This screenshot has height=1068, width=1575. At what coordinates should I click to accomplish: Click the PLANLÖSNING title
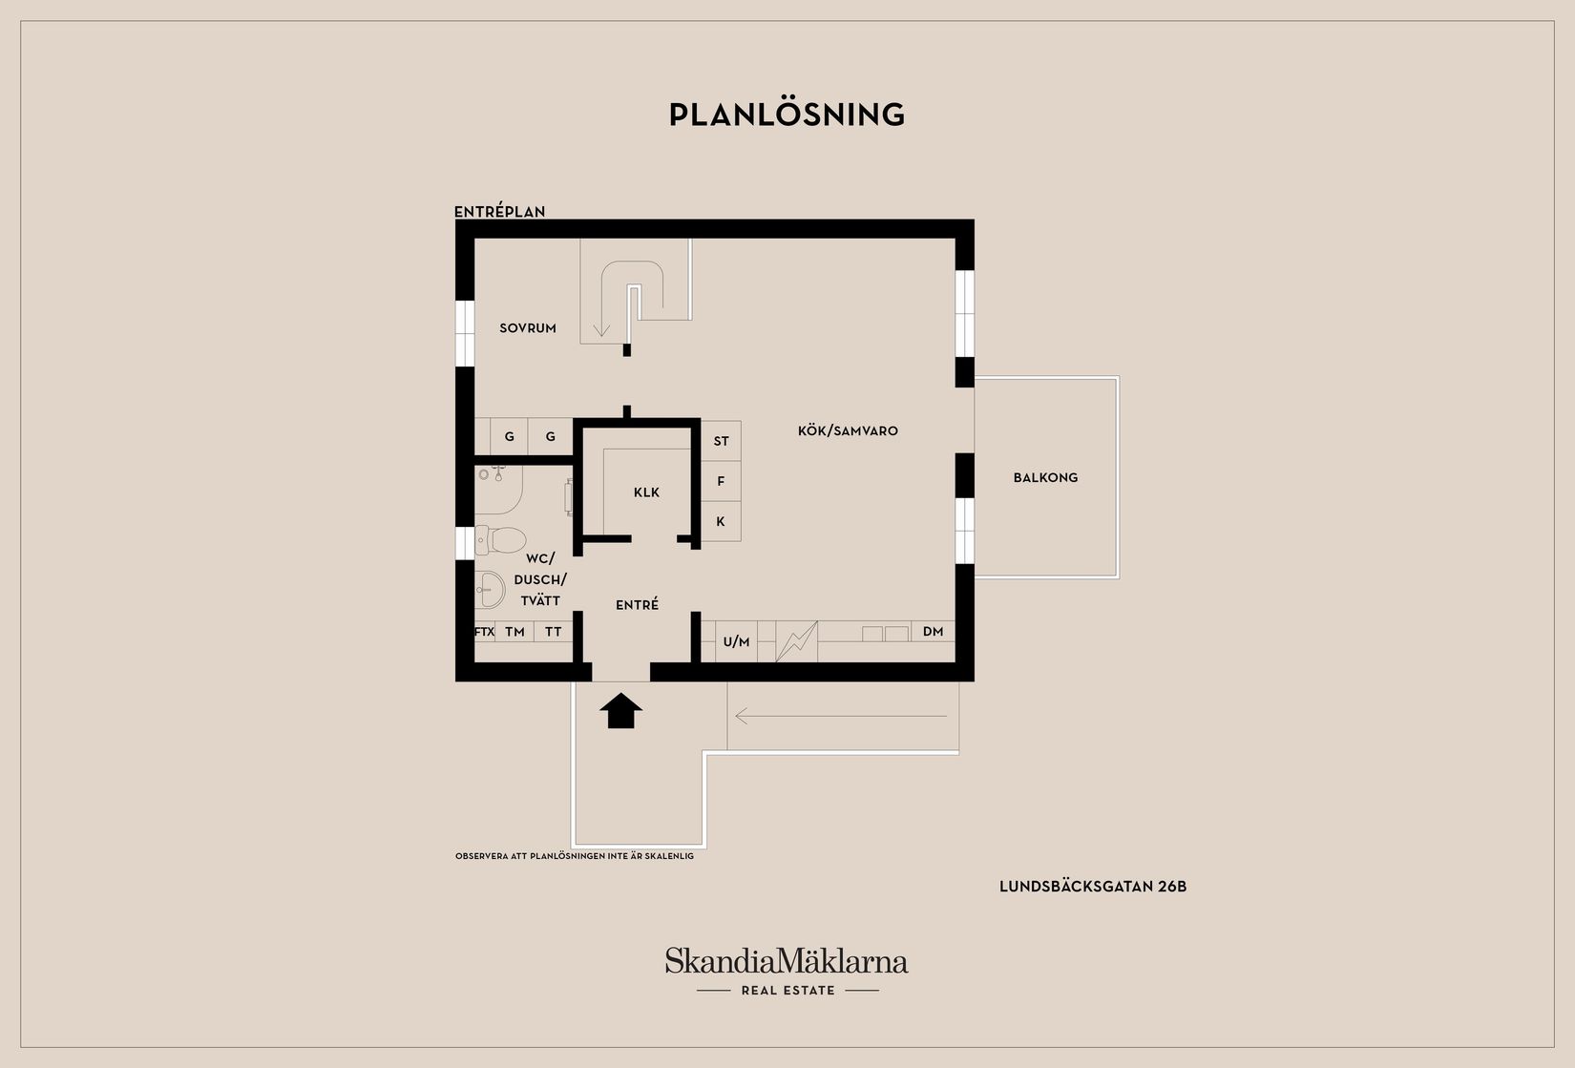tap(787, 115)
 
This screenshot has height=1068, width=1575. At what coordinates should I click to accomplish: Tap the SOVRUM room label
tap(527, 328)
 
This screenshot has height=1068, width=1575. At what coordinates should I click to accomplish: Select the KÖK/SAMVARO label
tap(848, 431)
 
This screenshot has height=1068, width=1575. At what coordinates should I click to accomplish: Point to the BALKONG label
tap(1045, 477)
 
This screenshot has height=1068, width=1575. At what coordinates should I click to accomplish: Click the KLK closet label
tap(646, 492)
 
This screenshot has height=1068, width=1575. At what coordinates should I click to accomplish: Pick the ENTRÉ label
tap(637, 604)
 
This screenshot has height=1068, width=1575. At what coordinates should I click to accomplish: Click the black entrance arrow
tap(620, 710)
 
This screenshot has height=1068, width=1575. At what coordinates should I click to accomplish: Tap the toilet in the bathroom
tap(500, 539)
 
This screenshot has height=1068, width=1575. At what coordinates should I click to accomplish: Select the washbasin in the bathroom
tap(490, 589)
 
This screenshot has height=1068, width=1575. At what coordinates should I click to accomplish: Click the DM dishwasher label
tap(933, 632)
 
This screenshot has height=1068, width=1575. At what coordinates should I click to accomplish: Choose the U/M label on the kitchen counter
tap(736, 641)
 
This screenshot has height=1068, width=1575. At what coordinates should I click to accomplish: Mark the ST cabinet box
tap(721, 441)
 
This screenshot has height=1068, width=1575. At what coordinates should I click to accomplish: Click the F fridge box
tap(721, 481)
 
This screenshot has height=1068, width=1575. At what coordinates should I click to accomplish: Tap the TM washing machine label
tap(514, 632)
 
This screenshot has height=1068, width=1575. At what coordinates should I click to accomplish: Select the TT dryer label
tap(554, 632)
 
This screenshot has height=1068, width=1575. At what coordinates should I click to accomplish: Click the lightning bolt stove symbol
tap(797, 641)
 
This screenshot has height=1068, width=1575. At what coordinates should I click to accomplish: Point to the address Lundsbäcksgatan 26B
tap(1093, 887)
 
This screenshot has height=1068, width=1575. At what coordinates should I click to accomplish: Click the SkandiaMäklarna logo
tap(787, 971)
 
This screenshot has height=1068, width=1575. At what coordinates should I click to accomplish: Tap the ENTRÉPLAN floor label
tap(499, 212)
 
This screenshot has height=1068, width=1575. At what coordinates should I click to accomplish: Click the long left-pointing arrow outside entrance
tap(841, 717)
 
